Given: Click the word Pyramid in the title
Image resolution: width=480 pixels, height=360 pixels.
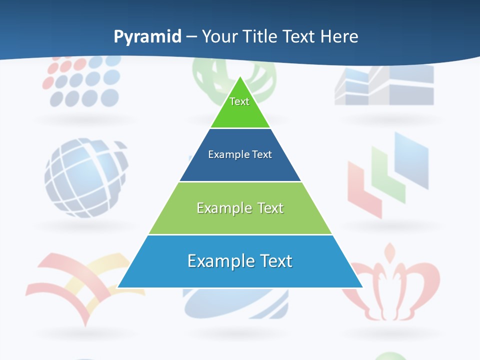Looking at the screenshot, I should (147, 36).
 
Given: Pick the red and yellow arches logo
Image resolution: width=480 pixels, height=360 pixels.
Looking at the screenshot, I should (80, 285).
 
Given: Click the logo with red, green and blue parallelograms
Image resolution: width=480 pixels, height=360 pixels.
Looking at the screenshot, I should (387, 175).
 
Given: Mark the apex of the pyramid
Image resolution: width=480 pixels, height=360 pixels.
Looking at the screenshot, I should (240, 77).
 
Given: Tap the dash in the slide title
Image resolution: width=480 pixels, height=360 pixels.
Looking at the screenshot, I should (191, 37).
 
